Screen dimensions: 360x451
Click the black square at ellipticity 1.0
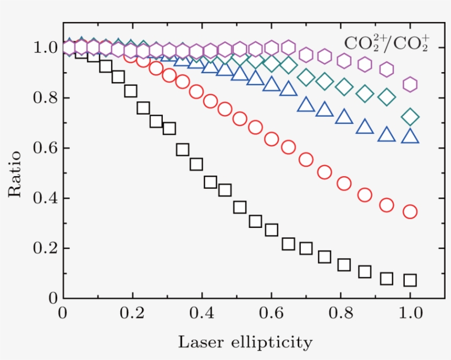[410, 280]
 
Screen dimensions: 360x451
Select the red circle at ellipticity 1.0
[410, 211]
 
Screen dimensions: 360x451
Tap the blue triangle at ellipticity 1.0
[410, 136]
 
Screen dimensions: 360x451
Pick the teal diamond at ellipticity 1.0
[410, 117]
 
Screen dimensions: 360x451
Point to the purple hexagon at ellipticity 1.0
[410, 84]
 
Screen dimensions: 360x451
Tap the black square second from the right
[387, 279]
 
